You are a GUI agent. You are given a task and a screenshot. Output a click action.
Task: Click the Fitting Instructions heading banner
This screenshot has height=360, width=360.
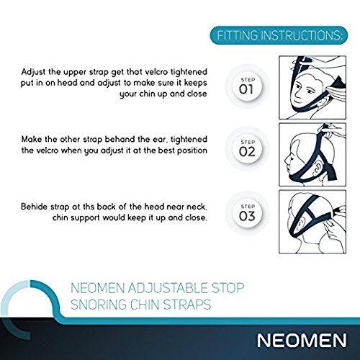(279, 35)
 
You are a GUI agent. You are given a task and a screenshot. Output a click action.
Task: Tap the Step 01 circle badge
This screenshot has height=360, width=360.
(247, 86)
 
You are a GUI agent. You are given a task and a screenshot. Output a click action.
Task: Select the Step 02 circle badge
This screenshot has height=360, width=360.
(247, 149)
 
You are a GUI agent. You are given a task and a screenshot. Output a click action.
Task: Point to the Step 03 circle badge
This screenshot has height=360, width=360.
(247, 213)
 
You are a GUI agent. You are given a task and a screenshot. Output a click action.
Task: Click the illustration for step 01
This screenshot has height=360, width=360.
(312, 87)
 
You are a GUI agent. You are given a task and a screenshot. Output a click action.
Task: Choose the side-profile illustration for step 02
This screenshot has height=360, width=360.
(312, 155)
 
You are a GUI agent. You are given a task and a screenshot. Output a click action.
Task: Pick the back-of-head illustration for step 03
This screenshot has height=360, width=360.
(312, 222)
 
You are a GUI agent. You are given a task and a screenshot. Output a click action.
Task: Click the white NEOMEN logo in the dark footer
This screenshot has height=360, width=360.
(302, 341)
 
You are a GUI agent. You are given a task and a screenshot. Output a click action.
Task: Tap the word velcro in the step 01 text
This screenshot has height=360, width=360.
(156, 72)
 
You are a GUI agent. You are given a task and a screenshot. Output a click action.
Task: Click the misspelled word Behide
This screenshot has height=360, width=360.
(34, 207)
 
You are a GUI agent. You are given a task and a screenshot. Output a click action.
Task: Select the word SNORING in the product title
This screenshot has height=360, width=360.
(99, 305)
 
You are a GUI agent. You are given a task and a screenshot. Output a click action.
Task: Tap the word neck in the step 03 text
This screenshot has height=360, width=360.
(197, 207)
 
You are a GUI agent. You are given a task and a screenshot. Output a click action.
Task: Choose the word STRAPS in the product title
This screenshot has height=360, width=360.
(187, 305)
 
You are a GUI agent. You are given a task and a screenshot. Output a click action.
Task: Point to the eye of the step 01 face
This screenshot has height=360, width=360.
(298, 86)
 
